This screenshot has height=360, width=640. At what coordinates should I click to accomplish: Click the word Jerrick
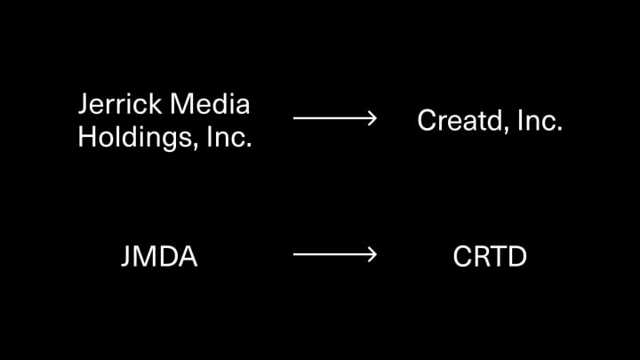click(x=120, y=105)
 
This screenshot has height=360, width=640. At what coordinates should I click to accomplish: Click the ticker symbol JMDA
click(x=158, y=257)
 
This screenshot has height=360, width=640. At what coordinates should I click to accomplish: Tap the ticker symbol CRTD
click(x=489, y=257)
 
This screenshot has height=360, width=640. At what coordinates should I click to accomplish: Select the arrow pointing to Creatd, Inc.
click(x=334, y=118)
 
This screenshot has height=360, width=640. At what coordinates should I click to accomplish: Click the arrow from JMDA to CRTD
click(x=334, y=255)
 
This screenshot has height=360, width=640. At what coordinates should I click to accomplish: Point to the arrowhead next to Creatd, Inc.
click(x=371, y=118)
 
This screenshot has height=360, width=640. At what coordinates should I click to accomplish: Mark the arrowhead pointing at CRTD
click(x=371, y=255)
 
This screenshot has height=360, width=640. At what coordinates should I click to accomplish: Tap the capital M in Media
click(x=180, y=105)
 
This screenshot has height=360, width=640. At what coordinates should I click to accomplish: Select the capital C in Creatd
click(x=427, y=121)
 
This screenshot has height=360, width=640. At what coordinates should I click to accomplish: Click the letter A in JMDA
click(x=186, y=257)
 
